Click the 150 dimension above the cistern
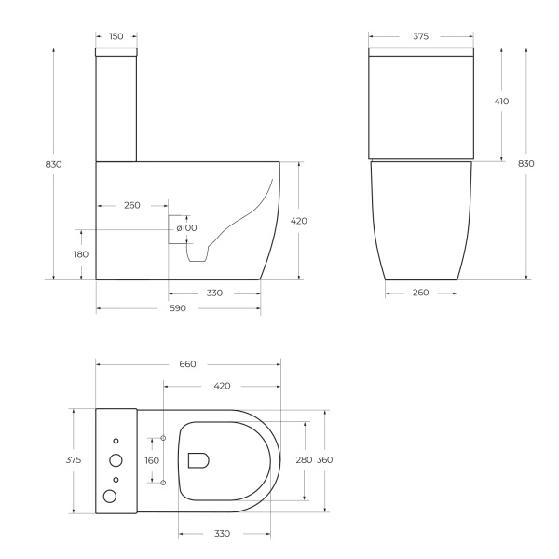[x=116, y=36]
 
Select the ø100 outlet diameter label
[x=186, y=228]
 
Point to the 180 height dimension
[x=82, y=254]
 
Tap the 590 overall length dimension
[x=177, y=308]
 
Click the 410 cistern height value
[x=501, y=101]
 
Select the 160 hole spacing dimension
[x=153, y=460]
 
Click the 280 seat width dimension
[x=305, y=460]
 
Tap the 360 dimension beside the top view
[x=325, y=460]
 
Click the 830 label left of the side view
[x=54, y=164]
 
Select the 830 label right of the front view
[x=526, y=164]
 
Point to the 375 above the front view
[x=420, y=36]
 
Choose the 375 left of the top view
[x=74, y=460]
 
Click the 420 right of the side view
[x=299, y=221]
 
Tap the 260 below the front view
[x=420, y=293]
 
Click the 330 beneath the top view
[x=223, y=534]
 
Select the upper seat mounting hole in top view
[x=163, y=437]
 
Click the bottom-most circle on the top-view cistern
[x=110, y=497]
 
